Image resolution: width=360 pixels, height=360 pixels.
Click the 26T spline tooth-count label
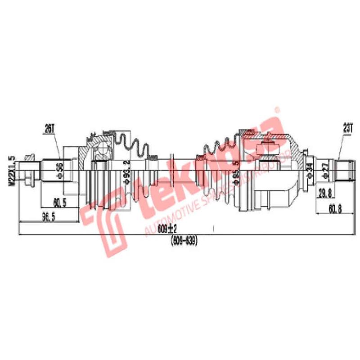click(49, 129)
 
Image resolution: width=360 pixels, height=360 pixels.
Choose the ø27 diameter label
click(325, 169)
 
